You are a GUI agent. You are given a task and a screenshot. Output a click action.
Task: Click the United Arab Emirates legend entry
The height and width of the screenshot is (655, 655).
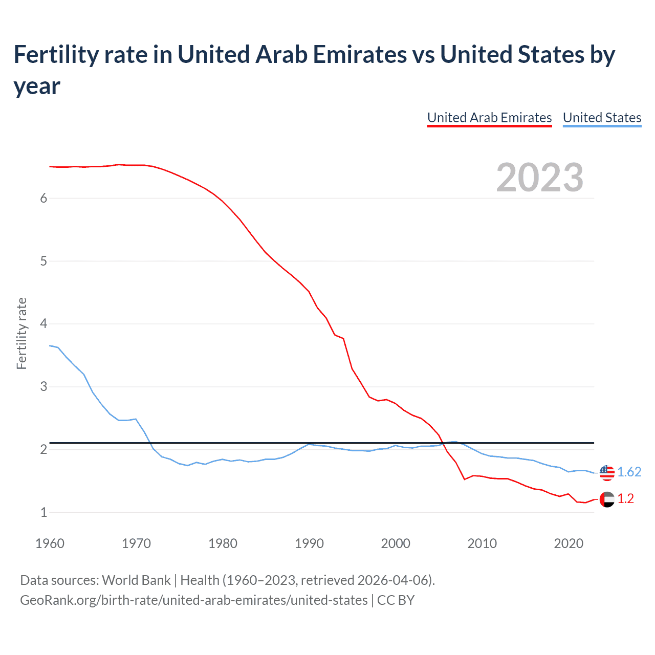pos(489,118)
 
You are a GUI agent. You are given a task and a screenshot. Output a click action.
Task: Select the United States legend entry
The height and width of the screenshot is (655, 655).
pos(602,118)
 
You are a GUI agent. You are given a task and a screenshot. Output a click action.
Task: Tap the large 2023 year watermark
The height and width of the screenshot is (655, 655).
pos(539,178)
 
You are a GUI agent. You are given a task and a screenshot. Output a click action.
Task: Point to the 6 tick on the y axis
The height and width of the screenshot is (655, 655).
pos(43,199)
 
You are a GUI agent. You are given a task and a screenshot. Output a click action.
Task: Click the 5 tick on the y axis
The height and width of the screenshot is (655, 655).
pos(43,261)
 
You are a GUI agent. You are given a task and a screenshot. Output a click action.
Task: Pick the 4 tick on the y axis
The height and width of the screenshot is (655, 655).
pos(43,324)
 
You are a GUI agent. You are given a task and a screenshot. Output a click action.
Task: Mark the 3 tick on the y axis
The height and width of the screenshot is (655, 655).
pos(43,387)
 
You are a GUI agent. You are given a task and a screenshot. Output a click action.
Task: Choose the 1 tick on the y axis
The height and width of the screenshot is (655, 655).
pos(43,512)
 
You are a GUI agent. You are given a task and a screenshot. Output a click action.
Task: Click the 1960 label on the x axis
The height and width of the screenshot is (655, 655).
pos(50,543)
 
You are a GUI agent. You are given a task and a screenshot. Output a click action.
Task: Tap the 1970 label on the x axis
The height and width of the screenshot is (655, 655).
pos(136,543)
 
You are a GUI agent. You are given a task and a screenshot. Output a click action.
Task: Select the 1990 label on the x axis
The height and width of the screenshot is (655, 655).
pos(309,543)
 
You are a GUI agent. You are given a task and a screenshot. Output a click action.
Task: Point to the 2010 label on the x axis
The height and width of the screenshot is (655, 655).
pos(482,543)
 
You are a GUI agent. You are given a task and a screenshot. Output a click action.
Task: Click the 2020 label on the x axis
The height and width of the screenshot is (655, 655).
pos(569,543)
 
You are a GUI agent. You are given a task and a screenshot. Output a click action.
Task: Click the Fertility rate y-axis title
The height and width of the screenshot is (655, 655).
pos(21,333)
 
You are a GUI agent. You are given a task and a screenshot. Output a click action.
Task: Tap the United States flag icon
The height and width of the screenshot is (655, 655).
pos(606,472)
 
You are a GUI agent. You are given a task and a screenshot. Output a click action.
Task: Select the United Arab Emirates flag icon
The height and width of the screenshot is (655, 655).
pos(606,499)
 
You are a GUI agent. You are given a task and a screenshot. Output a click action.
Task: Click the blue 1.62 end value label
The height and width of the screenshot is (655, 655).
pos(629,472)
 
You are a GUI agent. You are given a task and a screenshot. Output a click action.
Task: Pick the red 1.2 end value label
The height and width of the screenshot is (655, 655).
pos(625,499)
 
